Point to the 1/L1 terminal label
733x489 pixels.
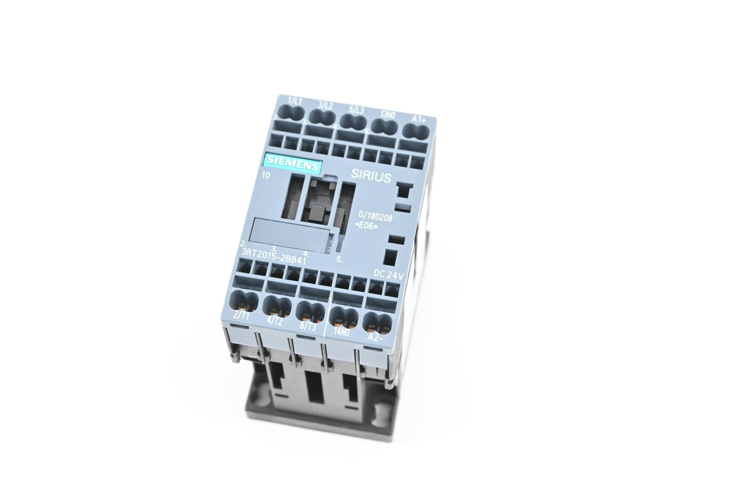pyautogui.click(x=295, y=101)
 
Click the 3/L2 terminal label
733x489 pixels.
pyautogui.click(x=326, y=104)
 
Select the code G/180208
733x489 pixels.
pyautogui.click(x=375, y=216)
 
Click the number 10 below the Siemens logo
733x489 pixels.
pyautogui.click(x=266, y=176)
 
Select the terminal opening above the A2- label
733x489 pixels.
pyautogui.click(x=377, y=320)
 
